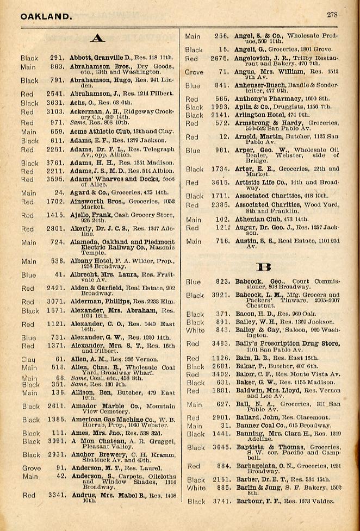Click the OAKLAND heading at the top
[x=46, y=16]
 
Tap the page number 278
[x=333, y=15]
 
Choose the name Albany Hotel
[x=90, y=261]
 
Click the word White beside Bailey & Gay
[x=195, y=330]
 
